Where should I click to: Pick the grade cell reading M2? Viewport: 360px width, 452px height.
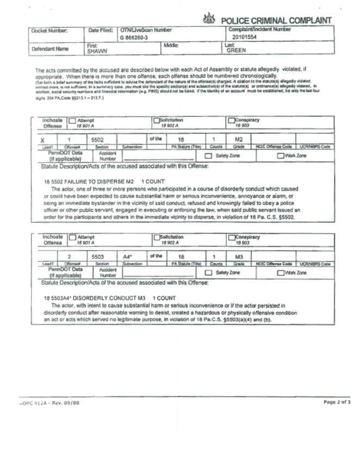point(235,139)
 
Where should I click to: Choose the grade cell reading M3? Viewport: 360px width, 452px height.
point(235,255)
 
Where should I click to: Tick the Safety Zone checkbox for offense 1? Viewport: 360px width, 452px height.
point(208,156)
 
